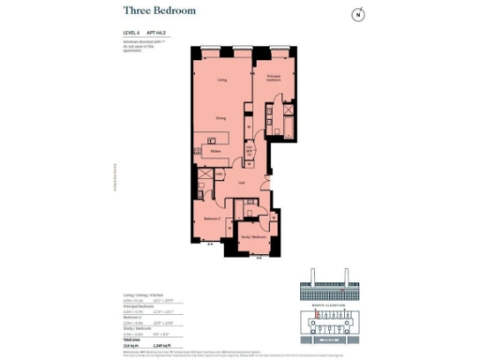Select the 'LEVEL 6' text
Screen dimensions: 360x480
coord(131,33)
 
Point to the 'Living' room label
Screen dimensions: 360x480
coord(222,81)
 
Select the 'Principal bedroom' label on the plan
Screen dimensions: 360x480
coord(274,80)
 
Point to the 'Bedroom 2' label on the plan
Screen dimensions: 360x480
coord(211,218)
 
